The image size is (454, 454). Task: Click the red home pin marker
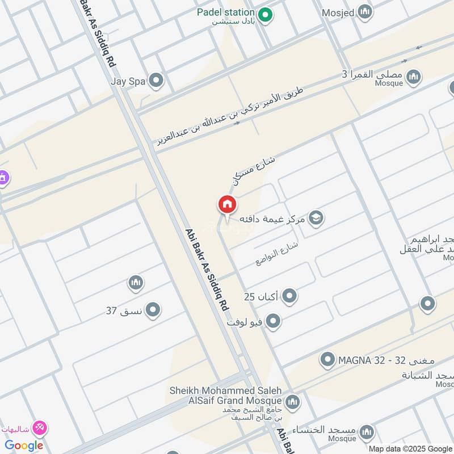(x=227, y=205)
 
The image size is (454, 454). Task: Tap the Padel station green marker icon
(x=265, y=14)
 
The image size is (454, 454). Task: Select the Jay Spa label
(x=129, y=81)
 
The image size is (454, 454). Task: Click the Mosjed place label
(x=338, y=11)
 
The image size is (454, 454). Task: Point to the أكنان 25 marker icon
(x=289, y=296)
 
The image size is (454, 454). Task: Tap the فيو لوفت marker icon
(x=273, y=322)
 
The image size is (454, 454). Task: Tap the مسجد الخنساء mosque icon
(x=367, y=431)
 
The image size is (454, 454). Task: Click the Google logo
(x=24, y=445)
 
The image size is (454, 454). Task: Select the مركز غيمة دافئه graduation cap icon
(x=316, y=217)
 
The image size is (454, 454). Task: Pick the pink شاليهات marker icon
(x=40, y=427)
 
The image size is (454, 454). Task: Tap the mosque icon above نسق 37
(x=135, y=282)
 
